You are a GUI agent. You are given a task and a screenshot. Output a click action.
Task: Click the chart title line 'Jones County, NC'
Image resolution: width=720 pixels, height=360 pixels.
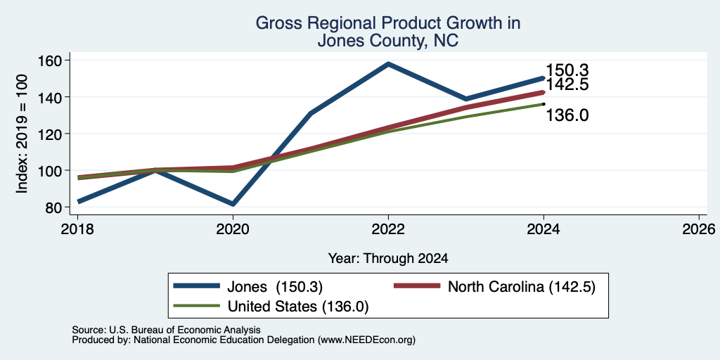point(387,40)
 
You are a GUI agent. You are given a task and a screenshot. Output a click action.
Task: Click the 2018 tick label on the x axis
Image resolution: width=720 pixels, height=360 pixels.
point(77,229)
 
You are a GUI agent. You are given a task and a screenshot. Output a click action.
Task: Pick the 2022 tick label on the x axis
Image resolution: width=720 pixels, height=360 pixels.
point(388,229)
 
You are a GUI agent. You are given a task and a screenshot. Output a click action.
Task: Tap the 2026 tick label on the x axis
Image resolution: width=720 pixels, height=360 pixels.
point(699,229)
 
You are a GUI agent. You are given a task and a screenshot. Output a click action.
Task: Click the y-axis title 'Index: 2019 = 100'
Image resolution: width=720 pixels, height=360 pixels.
point(22,134)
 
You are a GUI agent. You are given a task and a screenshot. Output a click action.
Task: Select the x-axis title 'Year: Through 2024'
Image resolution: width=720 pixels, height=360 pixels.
point(388,259)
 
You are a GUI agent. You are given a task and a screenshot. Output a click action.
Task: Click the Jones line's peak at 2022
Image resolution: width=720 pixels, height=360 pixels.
point(388,64)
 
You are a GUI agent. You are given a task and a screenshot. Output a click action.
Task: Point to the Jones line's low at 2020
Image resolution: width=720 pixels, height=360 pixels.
point(233,204)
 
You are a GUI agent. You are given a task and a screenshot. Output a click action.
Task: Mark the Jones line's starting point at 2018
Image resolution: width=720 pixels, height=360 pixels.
point(79,201)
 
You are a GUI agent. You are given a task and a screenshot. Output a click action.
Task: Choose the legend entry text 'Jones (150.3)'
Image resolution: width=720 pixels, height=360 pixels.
point(275,287)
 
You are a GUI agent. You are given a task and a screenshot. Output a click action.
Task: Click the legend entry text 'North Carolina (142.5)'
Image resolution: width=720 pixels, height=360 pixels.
point(522,287)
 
